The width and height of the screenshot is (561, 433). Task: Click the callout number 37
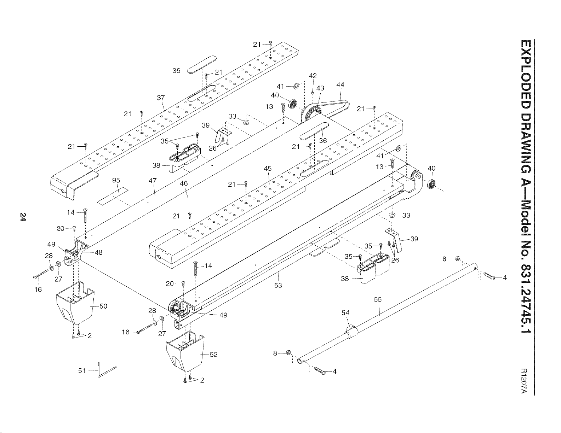point(161,98)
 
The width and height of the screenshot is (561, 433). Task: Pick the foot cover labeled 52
point(185,351)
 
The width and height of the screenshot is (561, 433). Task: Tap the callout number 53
point(278,286)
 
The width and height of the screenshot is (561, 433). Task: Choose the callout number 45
point(268,169)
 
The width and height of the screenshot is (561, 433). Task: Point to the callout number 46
point(184,183)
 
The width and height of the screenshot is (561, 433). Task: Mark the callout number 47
point(153,181)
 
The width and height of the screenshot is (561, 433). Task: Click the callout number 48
point(99,252)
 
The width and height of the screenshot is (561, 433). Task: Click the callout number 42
point(313,76)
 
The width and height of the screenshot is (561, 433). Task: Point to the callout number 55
point(378,299)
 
